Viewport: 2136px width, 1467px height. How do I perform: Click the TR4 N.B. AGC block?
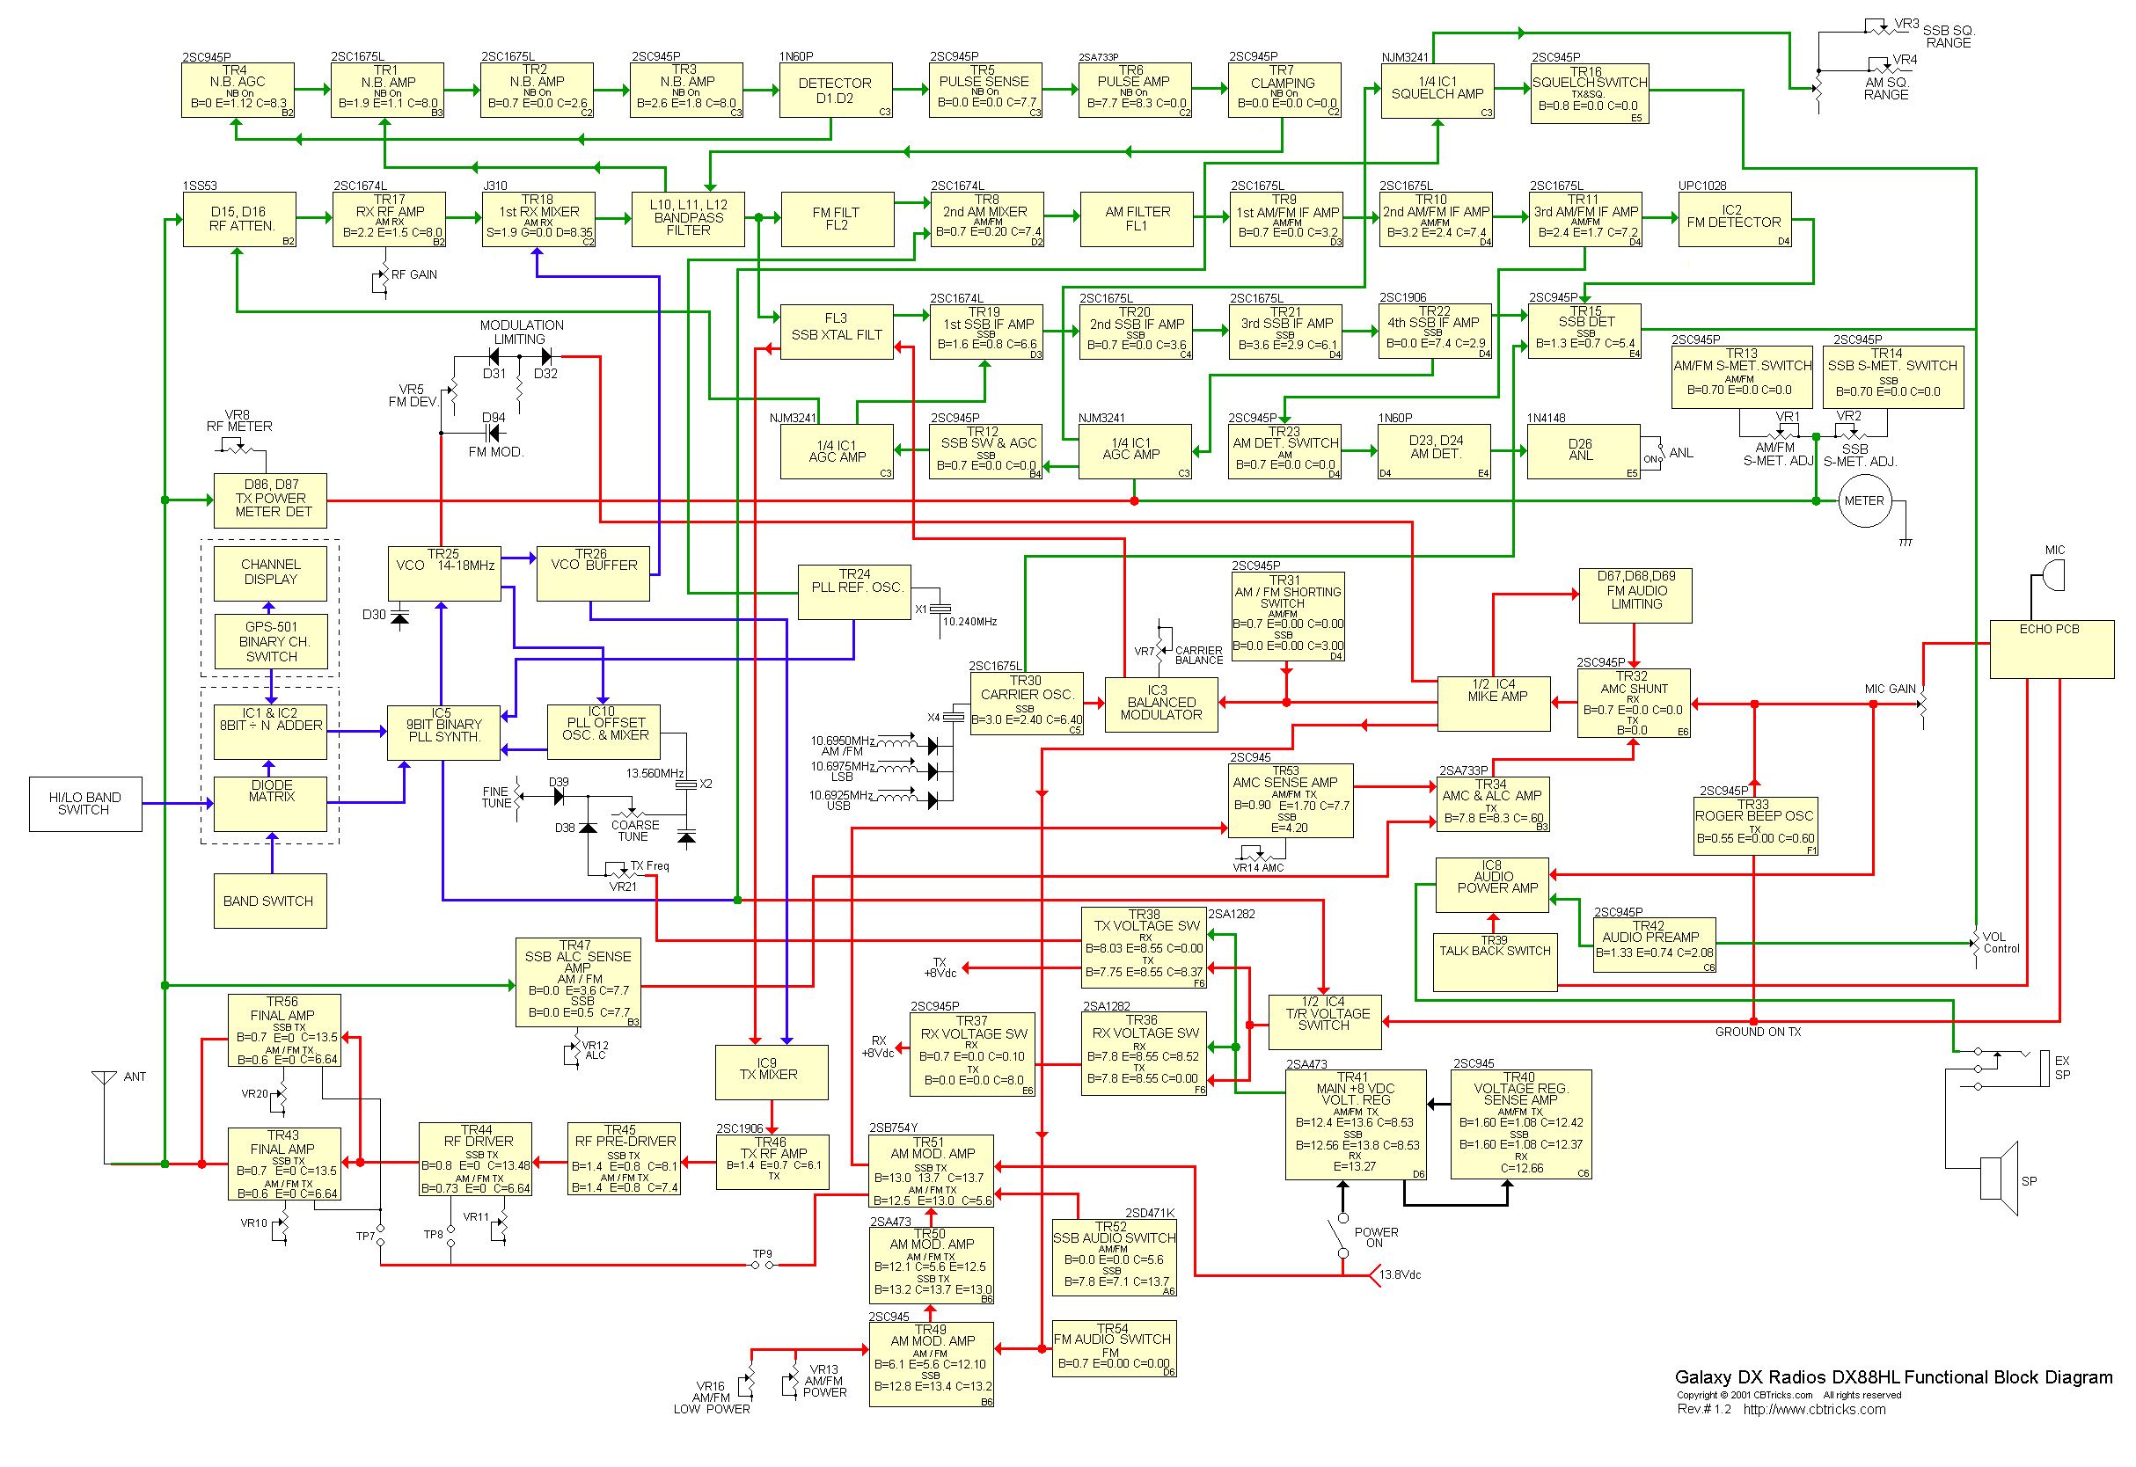tap(238, 90)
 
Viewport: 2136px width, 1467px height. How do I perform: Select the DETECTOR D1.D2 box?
tap(835, 90)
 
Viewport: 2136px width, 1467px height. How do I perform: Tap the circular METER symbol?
tap(1864, 501)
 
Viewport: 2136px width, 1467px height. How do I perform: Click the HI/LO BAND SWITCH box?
tap(84, 804)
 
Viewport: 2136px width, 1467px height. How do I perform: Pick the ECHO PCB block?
tap(2051, 649)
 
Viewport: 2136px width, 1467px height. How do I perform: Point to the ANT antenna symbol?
tap(105, 1077)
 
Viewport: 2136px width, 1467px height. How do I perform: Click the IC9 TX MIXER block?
tap(771, 1071)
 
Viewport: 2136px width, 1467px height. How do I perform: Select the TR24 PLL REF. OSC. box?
tap(854, 591)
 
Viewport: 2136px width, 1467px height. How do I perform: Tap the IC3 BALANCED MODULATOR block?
tap(1160, 704)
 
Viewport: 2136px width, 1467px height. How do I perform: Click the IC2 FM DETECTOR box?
tap(1733, 219)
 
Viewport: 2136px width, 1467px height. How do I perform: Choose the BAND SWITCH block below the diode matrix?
tap(269, 901)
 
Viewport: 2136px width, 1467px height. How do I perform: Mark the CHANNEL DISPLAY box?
tap(270, 573)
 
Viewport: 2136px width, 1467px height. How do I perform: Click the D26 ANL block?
tap(1582, 450)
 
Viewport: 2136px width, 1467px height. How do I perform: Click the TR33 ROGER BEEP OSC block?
tap(1754, 826)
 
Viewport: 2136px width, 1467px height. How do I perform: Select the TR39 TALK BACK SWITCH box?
tap(1494, 961)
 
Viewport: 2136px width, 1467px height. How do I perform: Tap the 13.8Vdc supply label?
tap(1400, 1275)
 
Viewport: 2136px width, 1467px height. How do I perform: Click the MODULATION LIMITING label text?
tap(522, 332)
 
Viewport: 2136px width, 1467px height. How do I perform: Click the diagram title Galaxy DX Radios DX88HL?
tap(1892, 1377)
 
